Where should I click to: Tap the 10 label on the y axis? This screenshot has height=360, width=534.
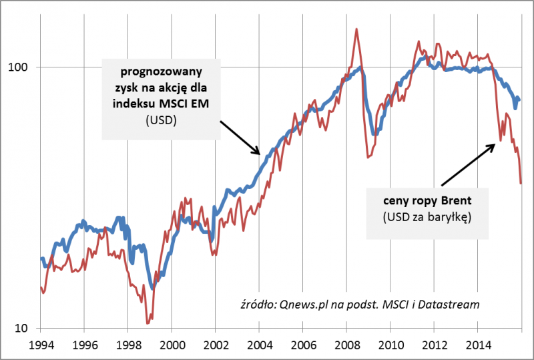[23, 328]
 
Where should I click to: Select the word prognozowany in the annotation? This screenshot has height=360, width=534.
[160, 70]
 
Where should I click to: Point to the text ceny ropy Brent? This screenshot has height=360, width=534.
[427, 200]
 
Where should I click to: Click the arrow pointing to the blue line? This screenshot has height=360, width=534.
[240, 138]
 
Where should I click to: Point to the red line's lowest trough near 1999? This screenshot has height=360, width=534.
[148, 323]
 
